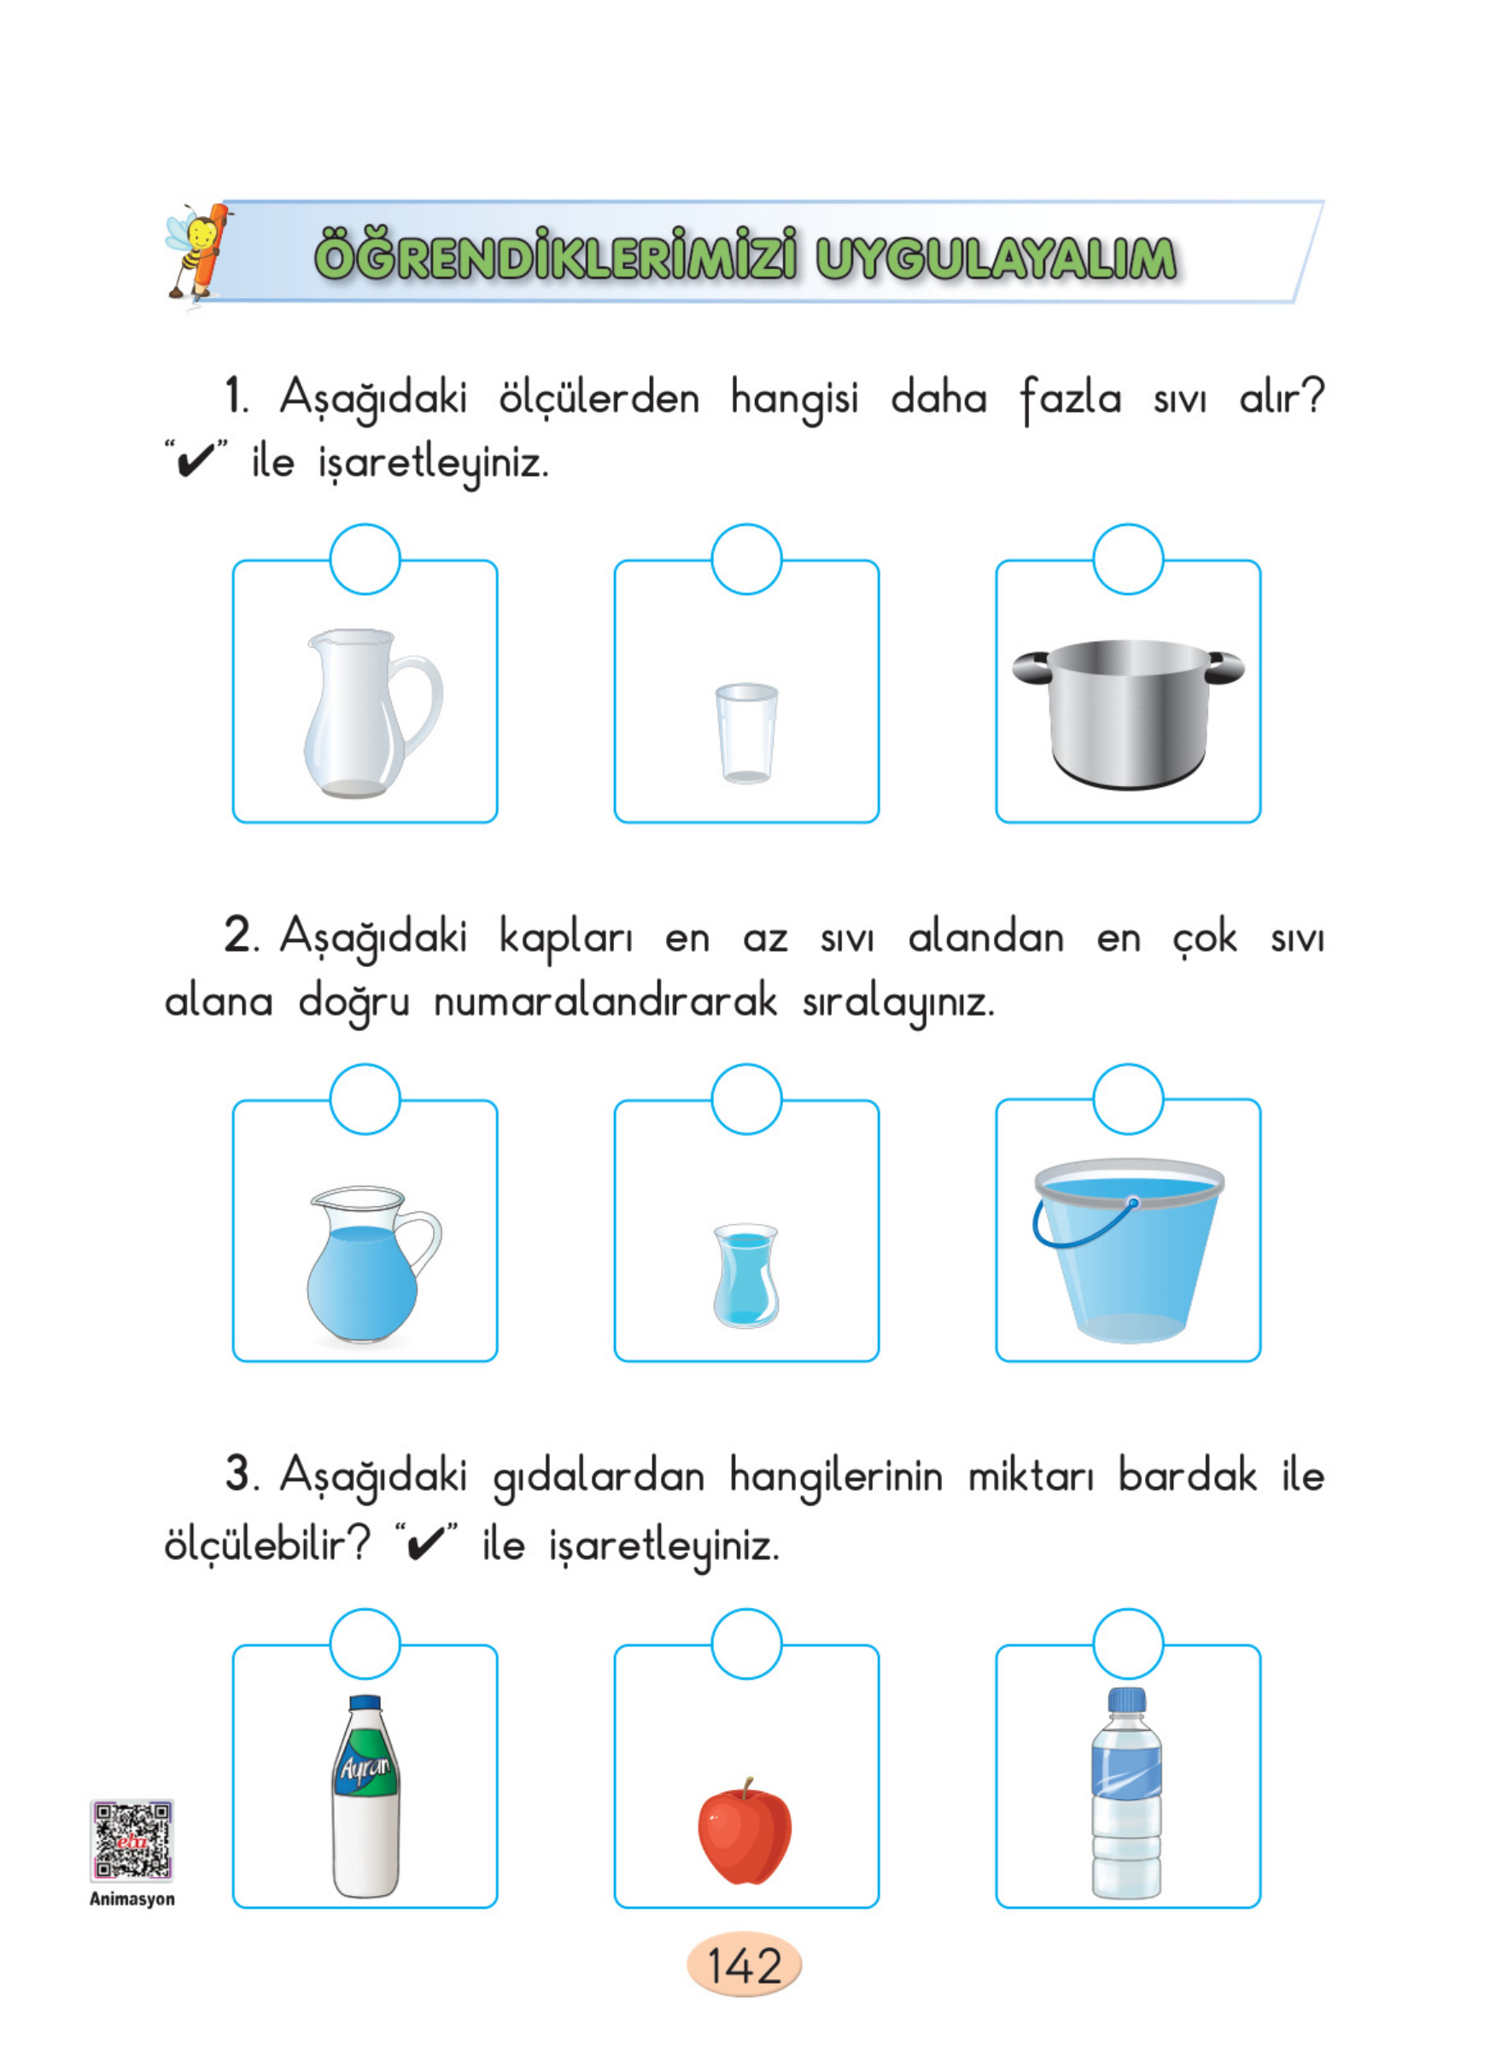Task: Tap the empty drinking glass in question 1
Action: (746, 733)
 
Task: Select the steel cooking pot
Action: (1129, 715)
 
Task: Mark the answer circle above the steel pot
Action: (1128, 559)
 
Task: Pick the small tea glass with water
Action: (745, 1275)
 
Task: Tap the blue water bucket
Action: (1129, 1255)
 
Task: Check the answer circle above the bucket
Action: (1128, 1099)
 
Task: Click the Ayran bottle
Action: (365, 1798)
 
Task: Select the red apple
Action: (745, 1833)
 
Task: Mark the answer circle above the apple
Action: (746, 1644)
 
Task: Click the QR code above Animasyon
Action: (131, 1840)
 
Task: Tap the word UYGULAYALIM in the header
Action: (995, 258)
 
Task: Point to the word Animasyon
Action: (132, 1899)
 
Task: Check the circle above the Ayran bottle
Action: (365, 1644)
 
